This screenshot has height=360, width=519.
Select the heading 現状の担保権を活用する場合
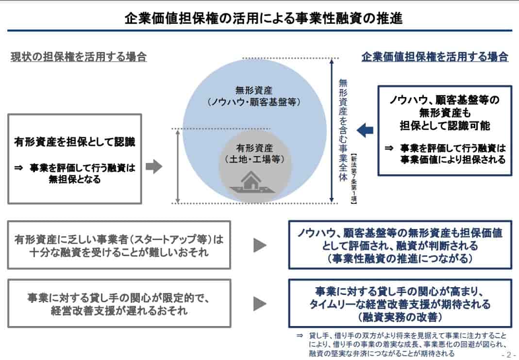tap(79, 57)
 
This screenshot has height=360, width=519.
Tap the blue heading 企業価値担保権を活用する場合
tap(435, 57)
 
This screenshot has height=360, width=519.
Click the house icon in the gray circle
tap(251, 183)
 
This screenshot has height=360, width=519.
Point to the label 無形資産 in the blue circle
tap(254, 90)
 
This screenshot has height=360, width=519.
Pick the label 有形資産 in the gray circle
tap(254, 148)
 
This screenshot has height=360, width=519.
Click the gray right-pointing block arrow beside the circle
tap(153, 167)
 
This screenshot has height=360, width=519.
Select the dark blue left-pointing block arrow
tap(365, 130)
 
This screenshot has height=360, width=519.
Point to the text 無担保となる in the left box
tap(74, 180)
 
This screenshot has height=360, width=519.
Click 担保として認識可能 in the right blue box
tap(444, 126)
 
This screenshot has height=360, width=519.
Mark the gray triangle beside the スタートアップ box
tap(260, 245)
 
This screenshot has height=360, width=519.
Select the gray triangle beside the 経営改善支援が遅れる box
tap(260, 304)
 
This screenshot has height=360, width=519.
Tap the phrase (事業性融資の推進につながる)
tap(400, 258)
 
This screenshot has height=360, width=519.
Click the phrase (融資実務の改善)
tap(400, 317)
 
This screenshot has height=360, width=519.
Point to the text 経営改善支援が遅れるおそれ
tap(119, 311)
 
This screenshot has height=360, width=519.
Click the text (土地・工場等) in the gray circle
tap(254, 159)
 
